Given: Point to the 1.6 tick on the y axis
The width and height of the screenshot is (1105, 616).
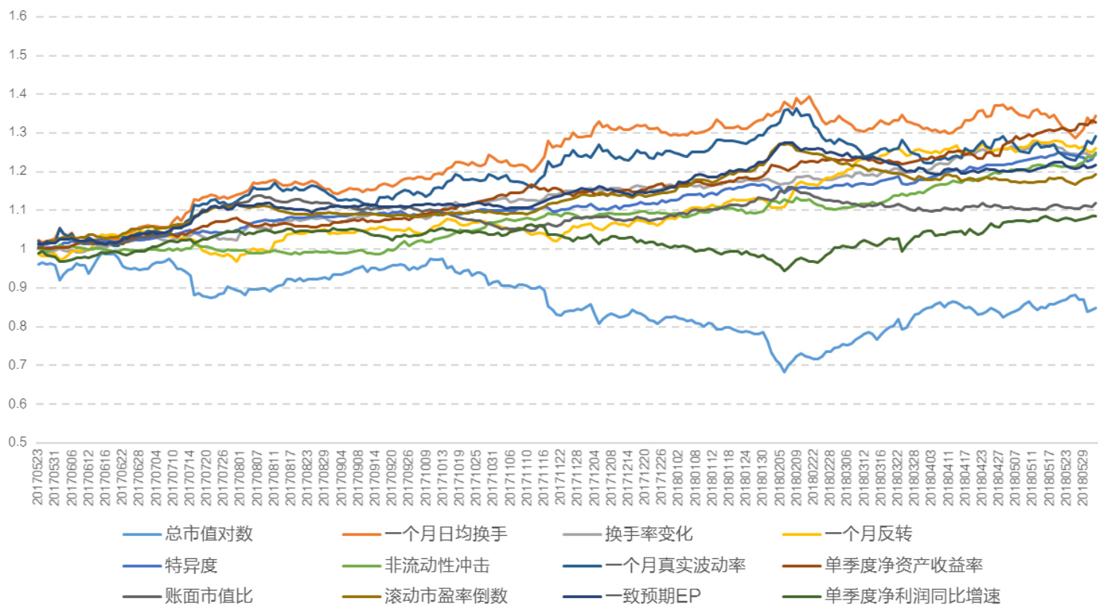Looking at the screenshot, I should click(18, 16).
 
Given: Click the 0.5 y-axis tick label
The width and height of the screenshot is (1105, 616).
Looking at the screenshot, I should click(18, 442).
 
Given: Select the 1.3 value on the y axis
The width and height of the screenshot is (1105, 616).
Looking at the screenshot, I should click(18, 133).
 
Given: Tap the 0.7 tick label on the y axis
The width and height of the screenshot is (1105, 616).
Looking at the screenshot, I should click(18, 365).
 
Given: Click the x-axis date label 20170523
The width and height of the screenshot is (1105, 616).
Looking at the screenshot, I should click(37, 477).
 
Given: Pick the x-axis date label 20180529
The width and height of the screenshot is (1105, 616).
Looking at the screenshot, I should click(1083, 477).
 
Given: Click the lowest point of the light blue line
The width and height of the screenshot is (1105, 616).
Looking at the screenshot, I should click(785, 372).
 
